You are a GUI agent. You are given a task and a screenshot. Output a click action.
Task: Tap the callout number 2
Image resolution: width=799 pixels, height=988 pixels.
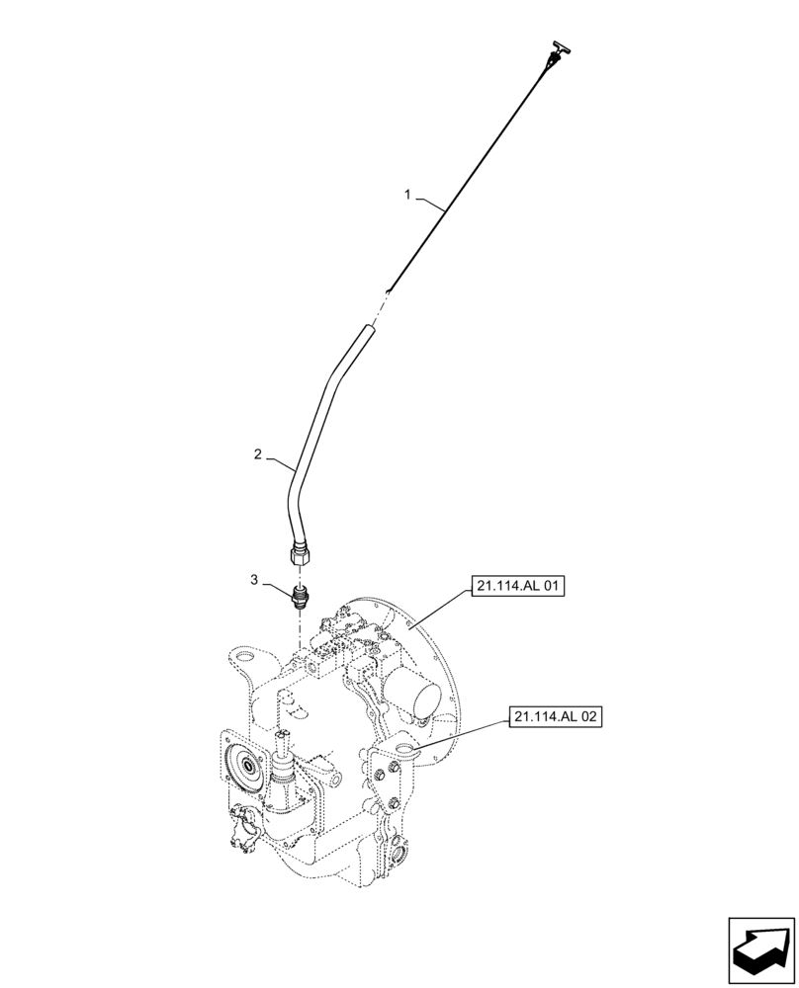tap(257, 454)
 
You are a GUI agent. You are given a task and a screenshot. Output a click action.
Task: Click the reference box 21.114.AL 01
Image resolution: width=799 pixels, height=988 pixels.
tap(519, 587)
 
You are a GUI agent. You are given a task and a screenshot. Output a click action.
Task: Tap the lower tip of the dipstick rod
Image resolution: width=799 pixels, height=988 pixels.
tap(391, 288)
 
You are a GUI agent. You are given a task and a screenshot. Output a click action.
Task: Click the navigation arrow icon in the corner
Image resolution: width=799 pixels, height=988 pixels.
tap(760, 947)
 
